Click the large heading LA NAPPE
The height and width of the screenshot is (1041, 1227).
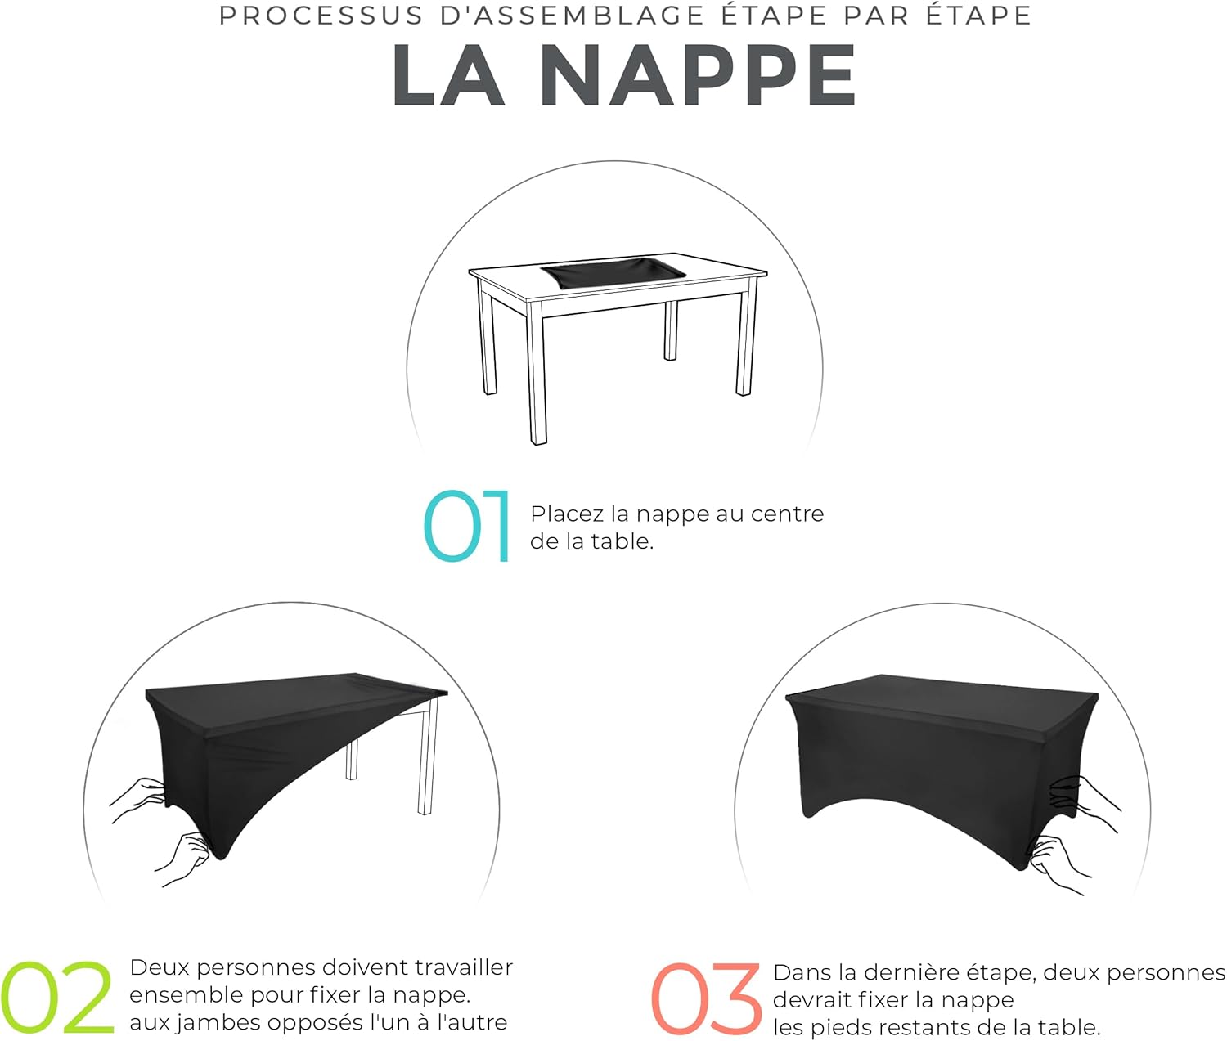tap(623, 75)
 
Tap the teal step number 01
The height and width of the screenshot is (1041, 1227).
tap(467, 527)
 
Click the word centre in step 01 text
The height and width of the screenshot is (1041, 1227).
tap(787, 514)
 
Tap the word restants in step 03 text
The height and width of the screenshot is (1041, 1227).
tap(910, 1028)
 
